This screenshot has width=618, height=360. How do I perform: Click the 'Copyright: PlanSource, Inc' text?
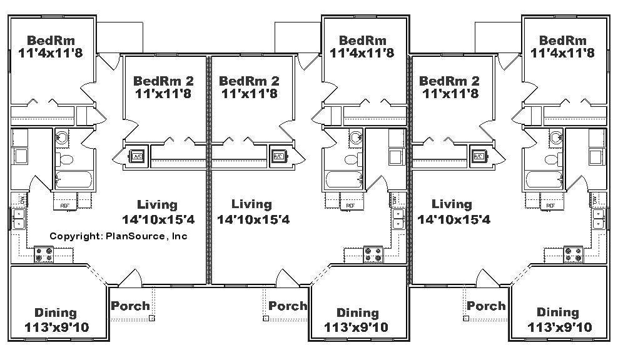118,236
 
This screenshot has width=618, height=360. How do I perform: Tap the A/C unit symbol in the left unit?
137,156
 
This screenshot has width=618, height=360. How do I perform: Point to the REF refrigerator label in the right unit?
550,205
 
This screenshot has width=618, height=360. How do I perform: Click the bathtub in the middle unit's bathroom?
343,180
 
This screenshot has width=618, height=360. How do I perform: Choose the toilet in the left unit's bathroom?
63,157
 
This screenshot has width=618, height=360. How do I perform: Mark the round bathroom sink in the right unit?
556,137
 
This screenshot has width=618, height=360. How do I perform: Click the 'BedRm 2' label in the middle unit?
250,81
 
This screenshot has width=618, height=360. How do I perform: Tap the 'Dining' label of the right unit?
558,312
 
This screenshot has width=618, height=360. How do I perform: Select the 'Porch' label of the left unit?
130,306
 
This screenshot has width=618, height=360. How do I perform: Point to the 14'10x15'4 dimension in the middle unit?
253,219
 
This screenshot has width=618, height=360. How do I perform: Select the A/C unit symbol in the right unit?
479,156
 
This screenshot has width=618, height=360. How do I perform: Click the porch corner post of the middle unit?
266,318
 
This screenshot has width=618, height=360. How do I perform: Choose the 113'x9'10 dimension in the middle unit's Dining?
356,327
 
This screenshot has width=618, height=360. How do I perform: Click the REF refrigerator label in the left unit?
64,205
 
